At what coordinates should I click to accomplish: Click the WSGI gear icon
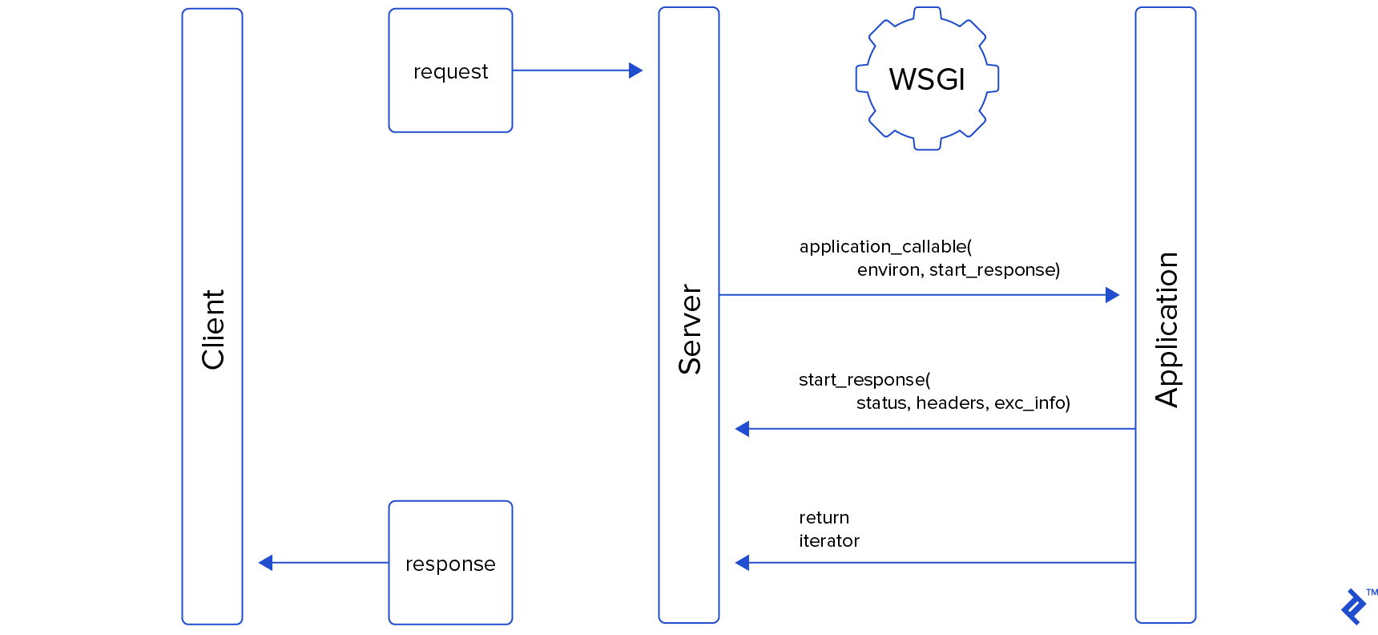[x=927, y=79]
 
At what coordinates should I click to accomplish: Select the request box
[x=450, y=71]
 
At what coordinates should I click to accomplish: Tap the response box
[x=450, y=563]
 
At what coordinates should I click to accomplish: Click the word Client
[x=213, y=330]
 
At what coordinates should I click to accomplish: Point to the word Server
[x=690, y=330]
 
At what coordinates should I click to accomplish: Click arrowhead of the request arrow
[x=636, y=71]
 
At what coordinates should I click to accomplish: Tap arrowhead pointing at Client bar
[x=266, y=563]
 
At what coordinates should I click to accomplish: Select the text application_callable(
[x=885, y=247]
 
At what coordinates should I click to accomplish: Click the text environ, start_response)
[x=958, y=270]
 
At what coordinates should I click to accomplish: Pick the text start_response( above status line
[x=864, y=380]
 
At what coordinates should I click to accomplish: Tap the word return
[x=824, y=518]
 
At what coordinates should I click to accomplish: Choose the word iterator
[x=828, y=541]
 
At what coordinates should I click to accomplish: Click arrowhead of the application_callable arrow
[x=1112, y=295]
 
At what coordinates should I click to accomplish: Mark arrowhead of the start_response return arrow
[x=743, y=429]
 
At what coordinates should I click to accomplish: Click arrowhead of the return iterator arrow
[x=743, y=563]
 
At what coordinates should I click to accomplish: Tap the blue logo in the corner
[x=1354, y=607]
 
